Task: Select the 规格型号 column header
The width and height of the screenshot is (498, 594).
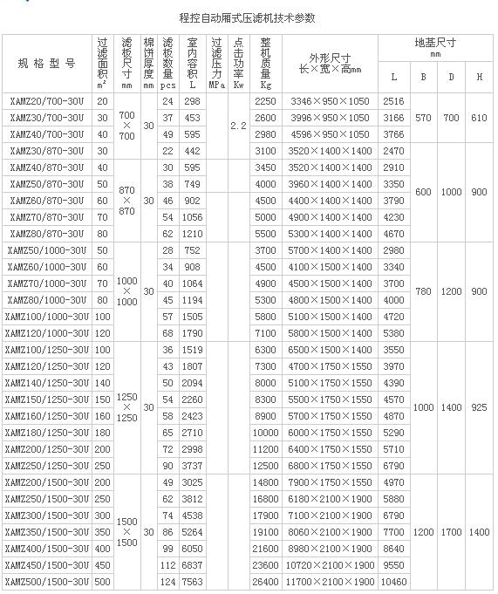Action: (x=47, y=64)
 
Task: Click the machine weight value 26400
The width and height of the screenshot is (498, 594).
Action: (x=264, y=582)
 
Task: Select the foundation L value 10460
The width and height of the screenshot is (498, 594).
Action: (x=393, y=582)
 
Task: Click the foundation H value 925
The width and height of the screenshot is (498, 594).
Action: (x=479, y=407)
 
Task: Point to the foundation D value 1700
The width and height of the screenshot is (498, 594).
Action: (x=451, y=531)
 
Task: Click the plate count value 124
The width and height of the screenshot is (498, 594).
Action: (x=168, y=582)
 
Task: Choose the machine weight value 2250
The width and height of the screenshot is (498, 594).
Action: (x=265, y=101)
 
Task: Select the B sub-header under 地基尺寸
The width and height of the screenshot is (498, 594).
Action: (x=424, y=78)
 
